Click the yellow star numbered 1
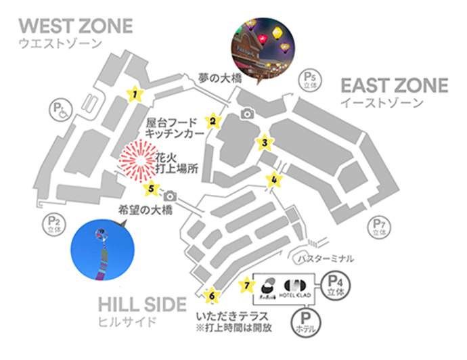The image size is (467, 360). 136,94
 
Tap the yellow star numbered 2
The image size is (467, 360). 213,121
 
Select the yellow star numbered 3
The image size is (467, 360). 265,142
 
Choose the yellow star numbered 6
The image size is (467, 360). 212,294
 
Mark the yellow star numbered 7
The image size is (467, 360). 247,286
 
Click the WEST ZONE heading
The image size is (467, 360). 75,27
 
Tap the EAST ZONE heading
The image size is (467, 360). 394,86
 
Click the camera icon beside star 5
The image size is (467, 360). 170,195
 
